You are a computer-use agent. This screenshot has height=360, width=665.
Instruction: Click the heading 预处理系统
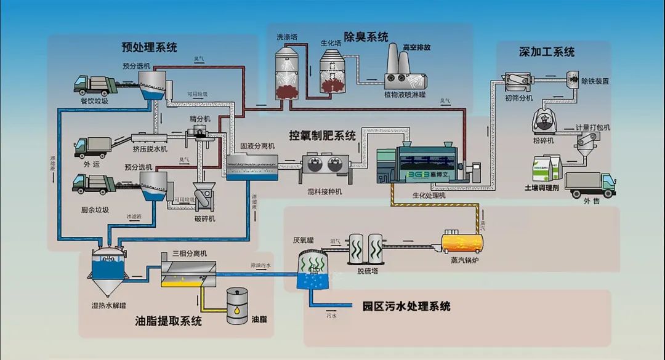[149, 47]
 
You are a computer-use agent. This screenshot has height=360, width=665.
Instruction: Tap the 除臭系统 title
[366, 37]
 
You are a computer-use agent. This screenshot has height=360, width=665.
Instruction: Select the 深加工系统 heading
[546, 52]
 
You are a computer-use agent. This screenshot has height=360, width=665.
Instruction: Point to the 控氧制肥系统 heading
[322, 135]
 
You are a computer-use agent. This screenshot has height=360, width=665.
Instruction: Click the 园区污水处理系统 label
[406, 306]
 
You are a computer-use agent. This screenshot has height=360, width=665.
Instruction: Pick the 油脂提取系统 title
[168, 321]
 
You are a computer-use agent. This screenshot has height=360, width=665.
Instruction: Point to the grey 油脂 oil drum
[235, 306]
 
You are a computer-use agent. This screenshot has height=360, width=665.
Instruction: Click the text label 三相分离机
[190, 254]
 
